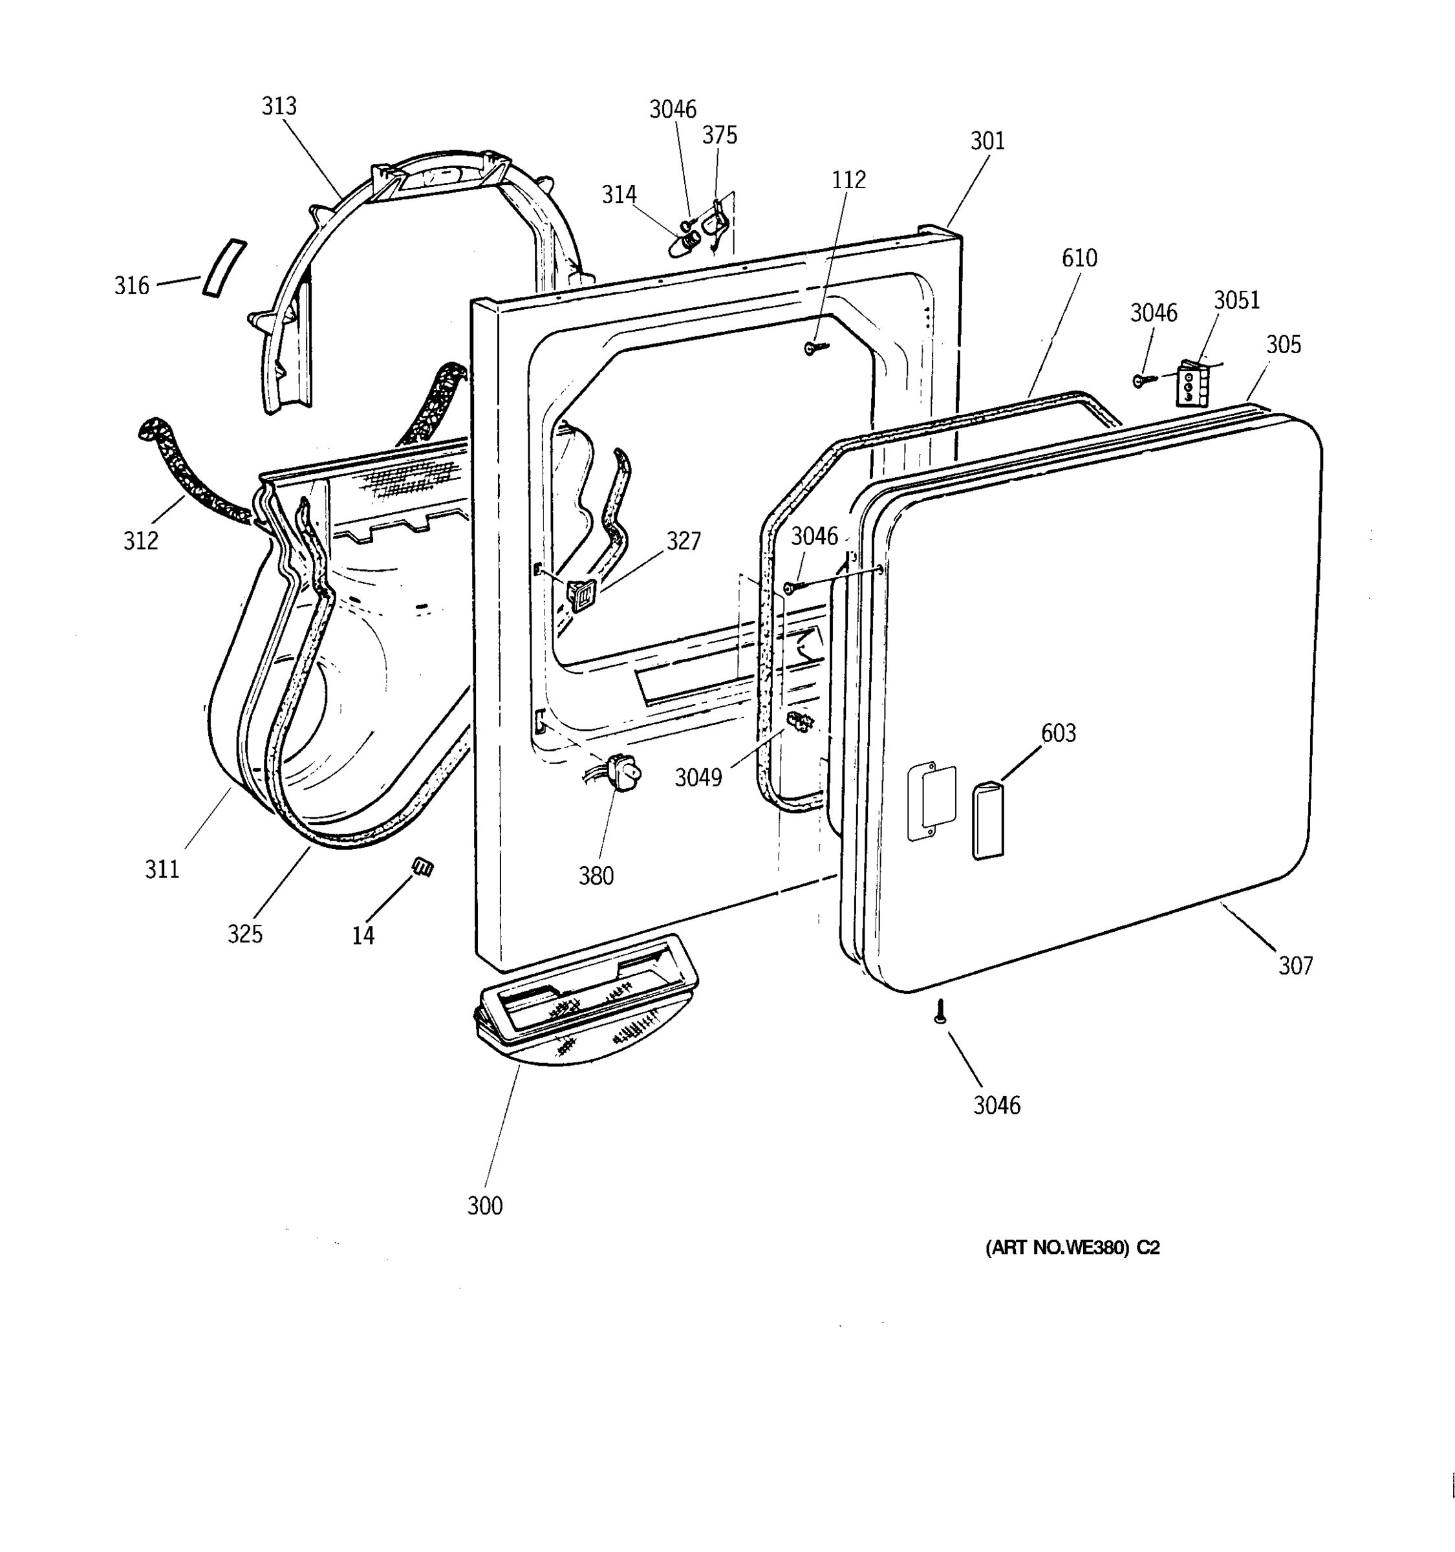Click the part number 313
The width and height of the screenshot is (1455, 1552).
[x=279, y=106]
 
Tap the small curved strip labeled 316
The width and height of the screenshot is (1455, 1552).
[x=224, y=268]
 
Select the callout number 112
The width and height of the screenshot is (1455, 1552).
[x=848, y=180]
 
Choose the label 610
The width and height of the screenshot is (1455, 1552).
[x=1079, y=259]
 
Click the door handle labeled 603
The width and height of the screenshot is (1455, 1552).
[x=987, y=822]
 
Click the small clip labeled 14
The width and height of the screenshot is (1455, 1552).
[x=422, y=867]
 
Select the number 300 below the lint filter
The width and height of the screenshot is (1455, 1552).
[x=485, y=1206]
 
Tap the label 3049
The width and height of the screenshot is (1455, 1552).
[x=698, y=777]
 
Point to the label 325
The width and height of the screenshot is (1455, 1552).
[x=245, y=934]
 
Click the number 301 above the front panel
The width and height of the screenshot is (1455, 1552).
[x=987, y=142]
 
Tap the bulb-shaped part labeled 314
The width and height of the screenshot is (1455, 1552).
[x=685, y=241]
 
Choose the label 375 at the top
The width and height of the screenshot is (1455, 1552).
[x=719, y=136]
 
